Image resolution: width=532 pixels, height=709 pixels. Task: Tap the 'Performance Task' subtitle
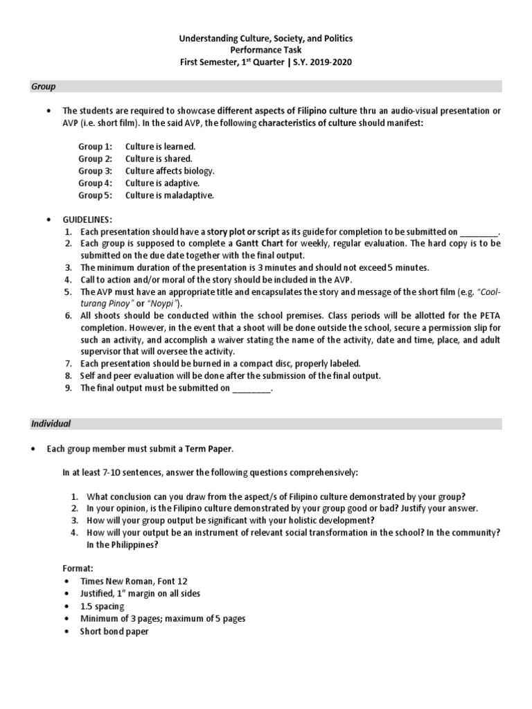coord(265,51)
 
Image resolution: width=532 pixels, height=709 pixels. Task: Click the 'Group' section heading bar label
coord(44,87)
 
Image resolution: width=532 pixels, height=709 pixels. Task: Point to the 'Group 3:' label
coord(95,170)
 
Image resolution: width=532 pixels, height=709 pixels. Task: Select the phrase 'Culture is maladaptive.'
coord(170,195)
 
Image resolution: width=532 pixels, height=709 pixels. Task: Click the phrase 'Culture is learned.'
coord(160,147)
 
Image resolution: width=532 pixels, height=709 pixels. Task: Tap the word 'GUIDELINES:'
coord(87,219)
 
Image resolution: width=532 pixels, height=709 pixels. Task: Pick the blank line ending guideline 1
coord(479,232)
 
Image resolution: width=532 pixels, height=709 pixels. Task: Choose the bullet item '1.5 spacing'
coord(102,606)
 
